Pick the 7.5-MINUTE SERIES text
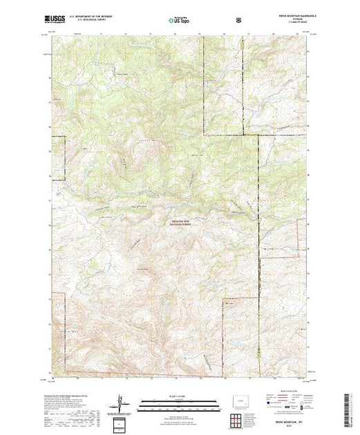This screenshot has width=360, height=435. click(x=294, y=24)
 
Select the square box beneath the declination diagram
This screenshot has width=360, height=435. click(x=121, y=423)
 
